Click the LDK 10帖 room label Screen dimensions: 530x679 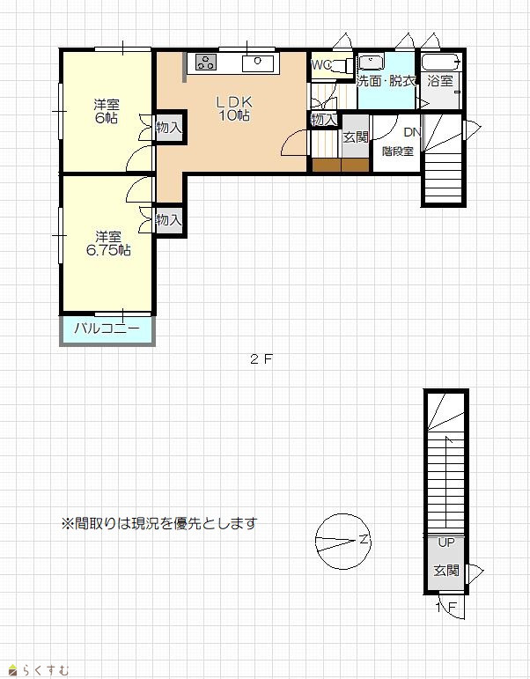234,108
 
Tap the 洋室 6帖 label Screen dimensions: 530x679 107,111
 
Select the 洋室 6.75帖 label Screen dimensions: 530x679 108,243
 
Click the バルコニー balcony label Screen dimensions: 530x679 107,328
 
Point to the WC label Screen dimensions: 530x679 321,65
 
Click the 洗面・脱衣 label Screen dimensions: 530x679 386,81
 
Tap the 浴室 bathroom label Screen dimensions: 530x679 440,81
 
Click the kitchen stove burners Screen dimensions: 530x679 205,63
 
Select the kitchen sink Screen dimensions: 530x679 258,63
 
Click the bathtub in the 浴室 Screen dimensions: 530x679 440,62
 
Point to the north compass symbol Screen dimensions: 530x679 343,541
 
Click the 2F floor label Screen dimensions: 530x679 261,359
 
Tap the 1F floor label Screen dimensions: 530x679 446,608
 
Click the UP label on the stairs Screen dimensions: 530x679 446,542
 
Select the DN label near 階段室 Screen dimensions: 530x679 412,132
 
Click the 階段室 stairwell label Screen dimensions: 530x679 398,151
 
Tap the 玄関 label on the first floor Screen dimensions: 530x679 446,571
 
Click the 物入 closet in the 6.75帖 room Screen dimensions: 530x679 169,220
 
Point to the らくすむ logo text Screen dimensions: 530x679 46,671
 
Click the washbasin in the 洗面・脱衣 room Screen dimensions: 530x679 371,62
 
